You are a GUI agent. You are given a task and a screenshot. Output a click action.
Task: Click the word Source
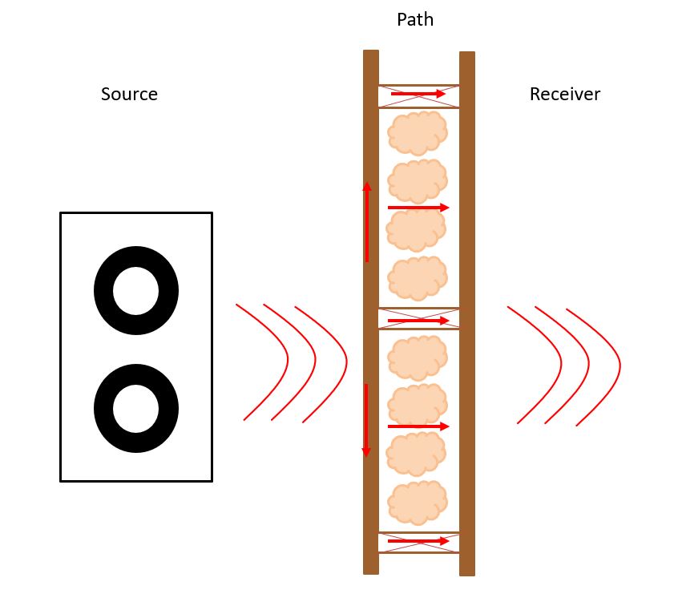click(129, 95)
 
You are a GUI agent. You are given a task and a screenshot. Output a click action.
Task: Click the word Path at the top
click(415, 19)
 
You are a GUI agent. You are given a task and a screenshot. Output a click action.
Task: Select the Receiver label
click(564, 95)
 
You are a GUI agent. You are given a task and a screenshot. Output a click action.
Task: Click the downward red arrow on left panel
click(366, 420)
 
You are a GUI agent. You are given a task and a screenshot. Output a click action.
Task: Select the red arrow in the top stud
click(418, 94)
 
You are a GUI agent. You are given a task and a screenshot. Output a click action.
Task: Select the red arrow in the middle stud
click(418, 321)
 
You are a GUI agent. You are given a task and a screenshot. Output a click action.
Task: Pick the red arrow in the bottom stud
click(418, 542)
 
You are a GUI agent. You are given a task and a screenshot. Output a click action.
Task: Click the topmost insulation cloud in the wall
click(418, 132)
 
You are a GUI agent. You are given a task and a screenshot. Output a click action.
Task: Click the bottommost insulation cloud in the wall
click(418, 503)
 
